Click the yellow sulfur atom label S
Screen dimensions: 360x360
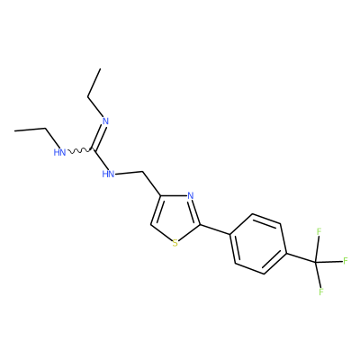(175, 243)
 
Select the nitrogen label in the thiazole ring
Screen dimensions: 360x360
(190, 196)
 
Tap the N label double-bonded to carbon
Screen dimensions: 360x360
(105, 121)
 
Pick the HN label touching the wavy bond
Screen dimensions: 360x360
(59, 152)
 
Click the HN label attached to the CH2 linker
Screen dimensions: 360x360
(108, 174)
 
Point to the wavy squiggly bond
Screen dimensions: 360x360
(79, 151)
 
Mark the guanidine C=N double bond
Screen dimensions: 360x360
(98, 137)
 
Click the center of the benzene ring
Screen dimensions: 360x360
(258, 244)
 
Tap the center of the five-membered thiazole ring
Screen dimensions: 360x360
(175, 217)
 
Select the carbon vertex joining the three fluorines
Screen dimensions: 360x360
(316, 263)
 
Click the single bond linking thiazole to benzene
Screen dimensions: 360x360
(215, 229)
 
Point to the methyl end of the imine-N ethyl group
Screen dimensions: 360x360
(100, 69)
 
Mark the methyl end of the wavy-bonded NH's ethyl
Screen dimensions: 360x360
(14, 130)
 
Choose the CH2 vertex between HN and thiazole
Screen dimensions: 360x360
(142, 172)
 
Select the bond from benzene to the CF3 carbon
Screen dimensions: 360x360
(301, 258)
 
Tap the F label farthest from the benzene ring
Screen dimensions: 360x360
(346, 261)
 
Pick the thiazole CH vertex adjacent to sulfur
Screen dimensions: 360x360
(151, 225)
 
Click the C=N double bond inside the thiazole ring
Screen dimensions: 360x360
(195, 211)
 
